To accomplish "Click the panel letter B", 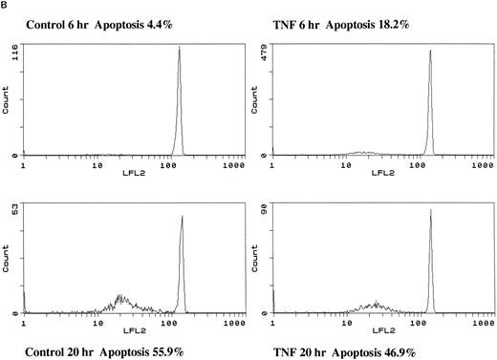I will pos(5,5).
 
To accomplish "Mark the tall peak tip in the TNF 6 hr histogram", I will pos(430,51).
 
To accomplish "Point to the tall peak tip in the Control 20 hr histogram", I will pos(182,217).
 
